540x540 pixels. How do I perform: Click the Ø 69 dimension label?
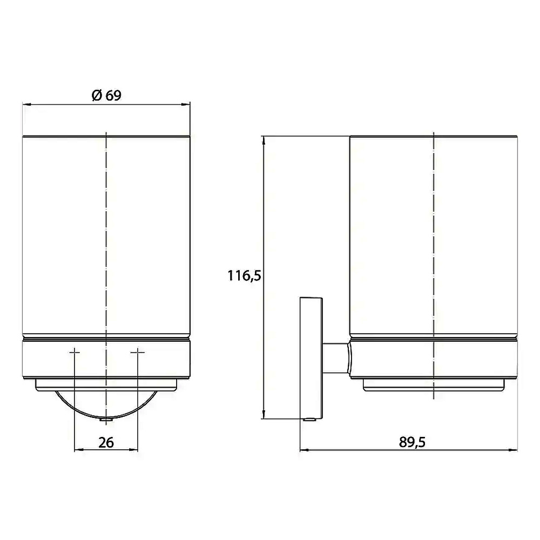[x=106, y=96]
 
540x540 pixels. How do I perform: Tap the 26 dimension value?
[x=106, y=443]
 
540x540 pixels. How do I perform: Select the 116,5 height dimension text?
[x=244, y=276]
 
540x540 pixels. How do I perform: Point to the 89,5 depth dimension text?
[x=412, y=442]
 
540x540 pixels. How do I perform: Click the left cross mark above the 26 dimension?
[x=75, y=352]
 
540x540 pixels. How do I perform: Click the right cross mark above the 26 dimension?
[x=138, y=352]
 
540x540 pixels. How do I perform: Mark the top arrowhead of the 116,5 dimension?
[x=264, y=141]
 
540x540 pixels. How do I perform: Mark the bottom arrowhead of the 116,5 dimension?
[x=264, y=414]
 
